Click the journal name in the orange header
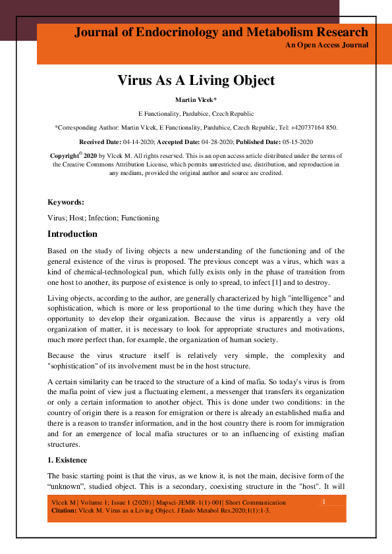pos(221,32)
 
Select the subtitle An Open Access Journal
pos(326,45)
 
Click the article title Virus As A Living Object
pos(196,81)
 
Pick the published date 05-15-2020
pos(294,142)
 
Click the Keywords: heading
pos(66,202)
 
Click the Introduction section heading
pos(72,234)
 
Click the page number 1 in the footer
pos(323,503)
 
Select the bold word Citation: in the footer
pos(64,511)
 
